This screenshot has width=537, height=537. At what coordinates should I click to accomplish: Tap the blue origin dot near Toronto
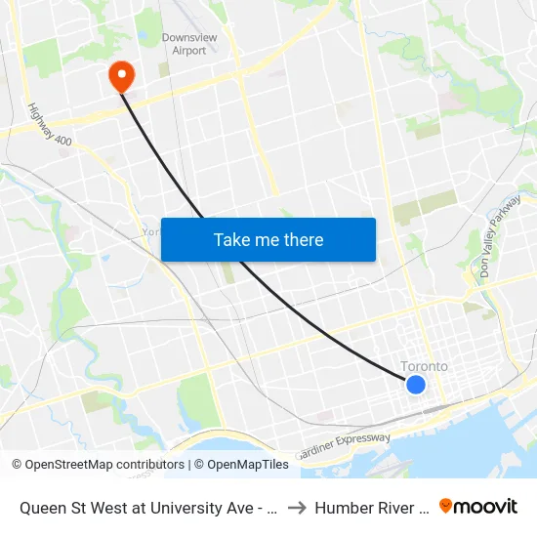click(415, 385)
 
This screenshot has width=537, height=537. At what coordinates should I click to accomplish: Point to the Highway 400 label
click(50, 126)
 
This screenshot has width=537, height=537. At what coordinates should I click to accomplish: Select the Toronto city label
click(425, 367)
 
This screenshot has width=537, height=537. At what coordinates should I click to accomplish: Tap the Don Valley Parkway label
click(499, 243)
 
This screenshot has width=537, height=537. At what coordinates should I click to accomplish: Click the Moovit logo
click(477, 507)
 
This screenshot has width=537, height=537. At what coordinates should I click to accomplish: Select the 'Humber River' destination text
click(372, 508)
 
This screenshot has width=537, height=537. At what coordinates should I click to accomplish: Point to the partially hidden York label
click(150, 231)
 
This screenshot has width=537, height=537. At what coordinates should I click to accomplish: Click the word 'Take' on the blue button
click(230, 240)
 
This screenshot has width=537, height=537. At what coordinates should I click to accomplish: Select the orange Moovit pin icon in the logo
click(446, 507)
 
